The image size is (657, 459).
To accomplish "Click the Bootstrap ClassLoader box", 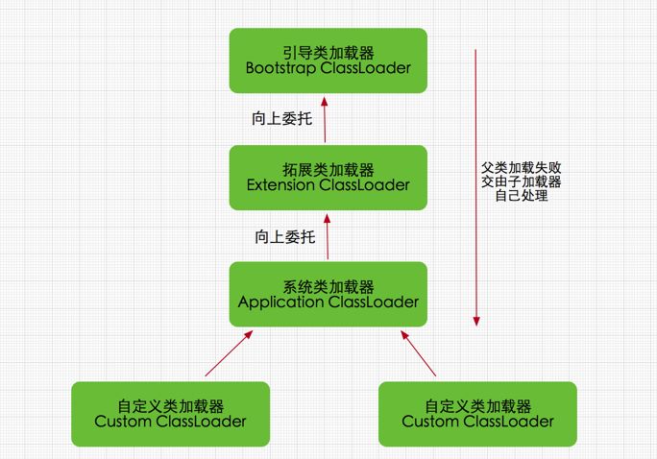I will point(328,60).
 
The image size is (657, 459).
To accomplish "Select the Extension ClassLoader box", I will point(328,177).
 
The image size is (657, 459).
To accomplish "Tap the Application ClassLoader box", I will point(328,294).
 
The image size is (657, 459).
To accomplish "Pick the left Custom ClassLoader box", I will point(170,413).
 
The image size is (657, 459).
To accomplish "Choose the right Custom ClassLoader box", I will point(477,413).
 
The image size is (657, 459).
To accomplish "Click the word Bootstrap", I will point(283,68).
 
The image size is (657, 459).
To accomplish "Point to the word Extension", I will point(284,184).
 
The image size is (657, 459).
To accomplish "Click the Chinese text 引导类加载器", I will point(328,51).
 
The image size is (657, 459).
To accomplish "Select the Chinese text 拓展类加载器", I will point(328,168).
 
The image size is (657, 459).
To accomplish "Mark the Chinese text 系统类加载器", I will point(328,285).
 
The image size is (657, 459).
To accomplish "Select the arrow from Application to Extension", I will point(328,236).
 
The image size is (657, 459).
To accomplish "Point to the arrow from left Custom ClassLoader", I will point(229,351).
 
